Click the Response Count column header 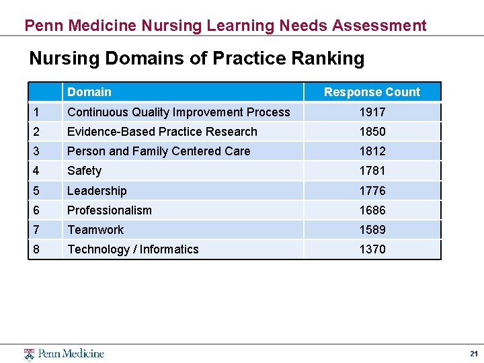372,92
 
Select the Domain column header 89,92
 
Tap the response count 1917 372,112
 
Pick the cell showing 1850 372,132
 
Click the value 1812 372,151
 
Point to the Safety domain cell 85,171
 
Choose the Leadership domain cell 97,191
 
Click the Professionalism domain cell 110,210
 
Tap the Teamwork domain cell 95,230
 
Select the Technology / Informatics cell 133,249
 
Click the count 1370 372,249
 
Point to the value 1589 372,230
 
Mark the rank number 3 36,151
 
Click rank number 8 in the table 36,249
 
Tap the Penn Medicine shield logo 29,354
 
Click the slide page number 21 473,354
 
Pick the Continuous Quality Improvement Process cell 179,112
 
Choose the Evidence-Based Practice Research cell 162,132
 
